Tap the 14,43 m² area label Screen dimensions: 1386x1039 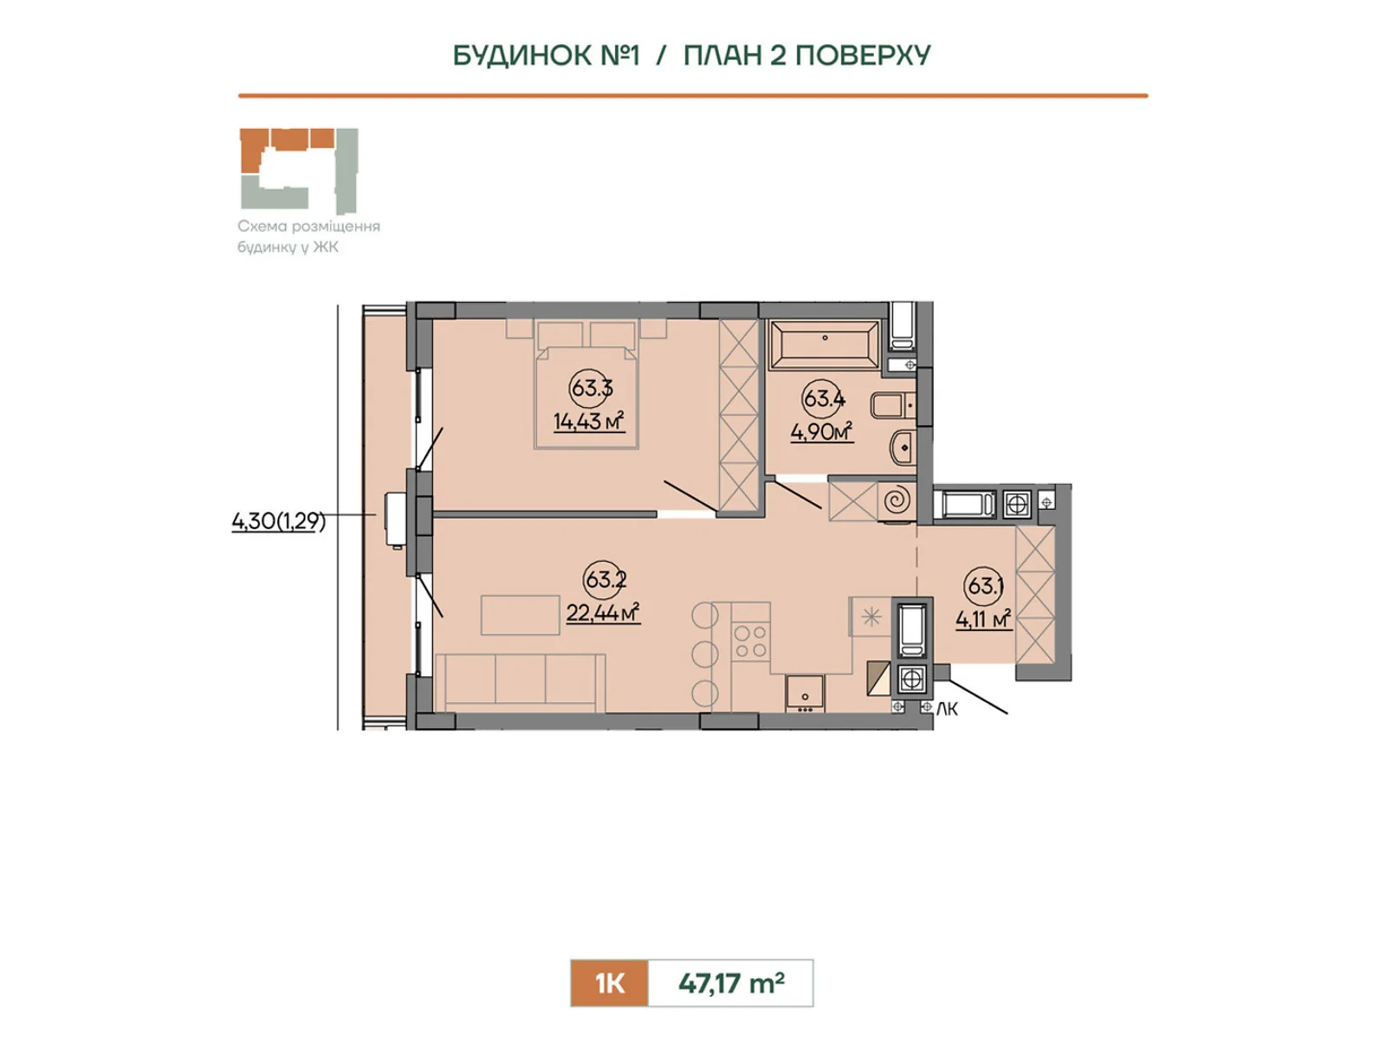588,421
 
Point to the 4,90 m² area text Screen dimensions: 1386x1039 821,432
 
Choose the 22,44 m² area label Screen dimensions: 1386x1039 602,612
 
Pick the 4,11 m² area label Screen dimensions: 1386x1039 983,619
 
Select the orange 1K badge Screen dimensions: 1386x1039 609,983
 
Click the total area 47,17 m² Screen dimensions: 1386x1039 730,983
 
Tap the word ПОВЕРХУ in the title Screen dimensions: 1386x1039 862,55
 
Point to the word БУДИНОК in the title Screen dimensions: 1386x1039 521,55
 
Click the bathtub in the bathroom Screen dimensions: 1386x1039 824,344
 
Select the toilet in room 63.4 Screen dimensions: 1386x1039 891,405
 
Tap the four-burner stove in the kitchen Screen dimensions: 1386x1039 750,641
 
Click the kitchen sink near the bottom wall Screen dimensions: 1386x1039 805,694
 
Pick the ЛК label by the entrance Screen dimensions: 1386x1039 947,709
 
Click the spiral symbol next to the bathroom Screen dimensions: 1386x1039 897,501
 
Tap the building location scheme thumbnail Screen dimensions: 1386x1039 299,171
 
